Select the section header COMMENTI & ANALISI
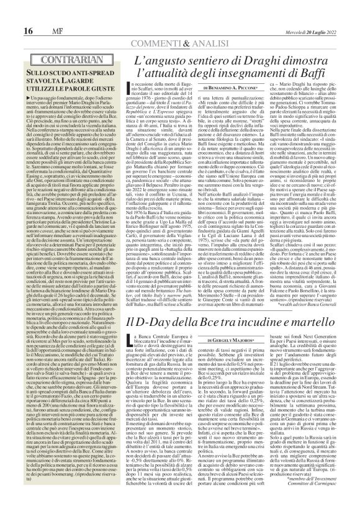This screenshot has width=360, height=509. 180,25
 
